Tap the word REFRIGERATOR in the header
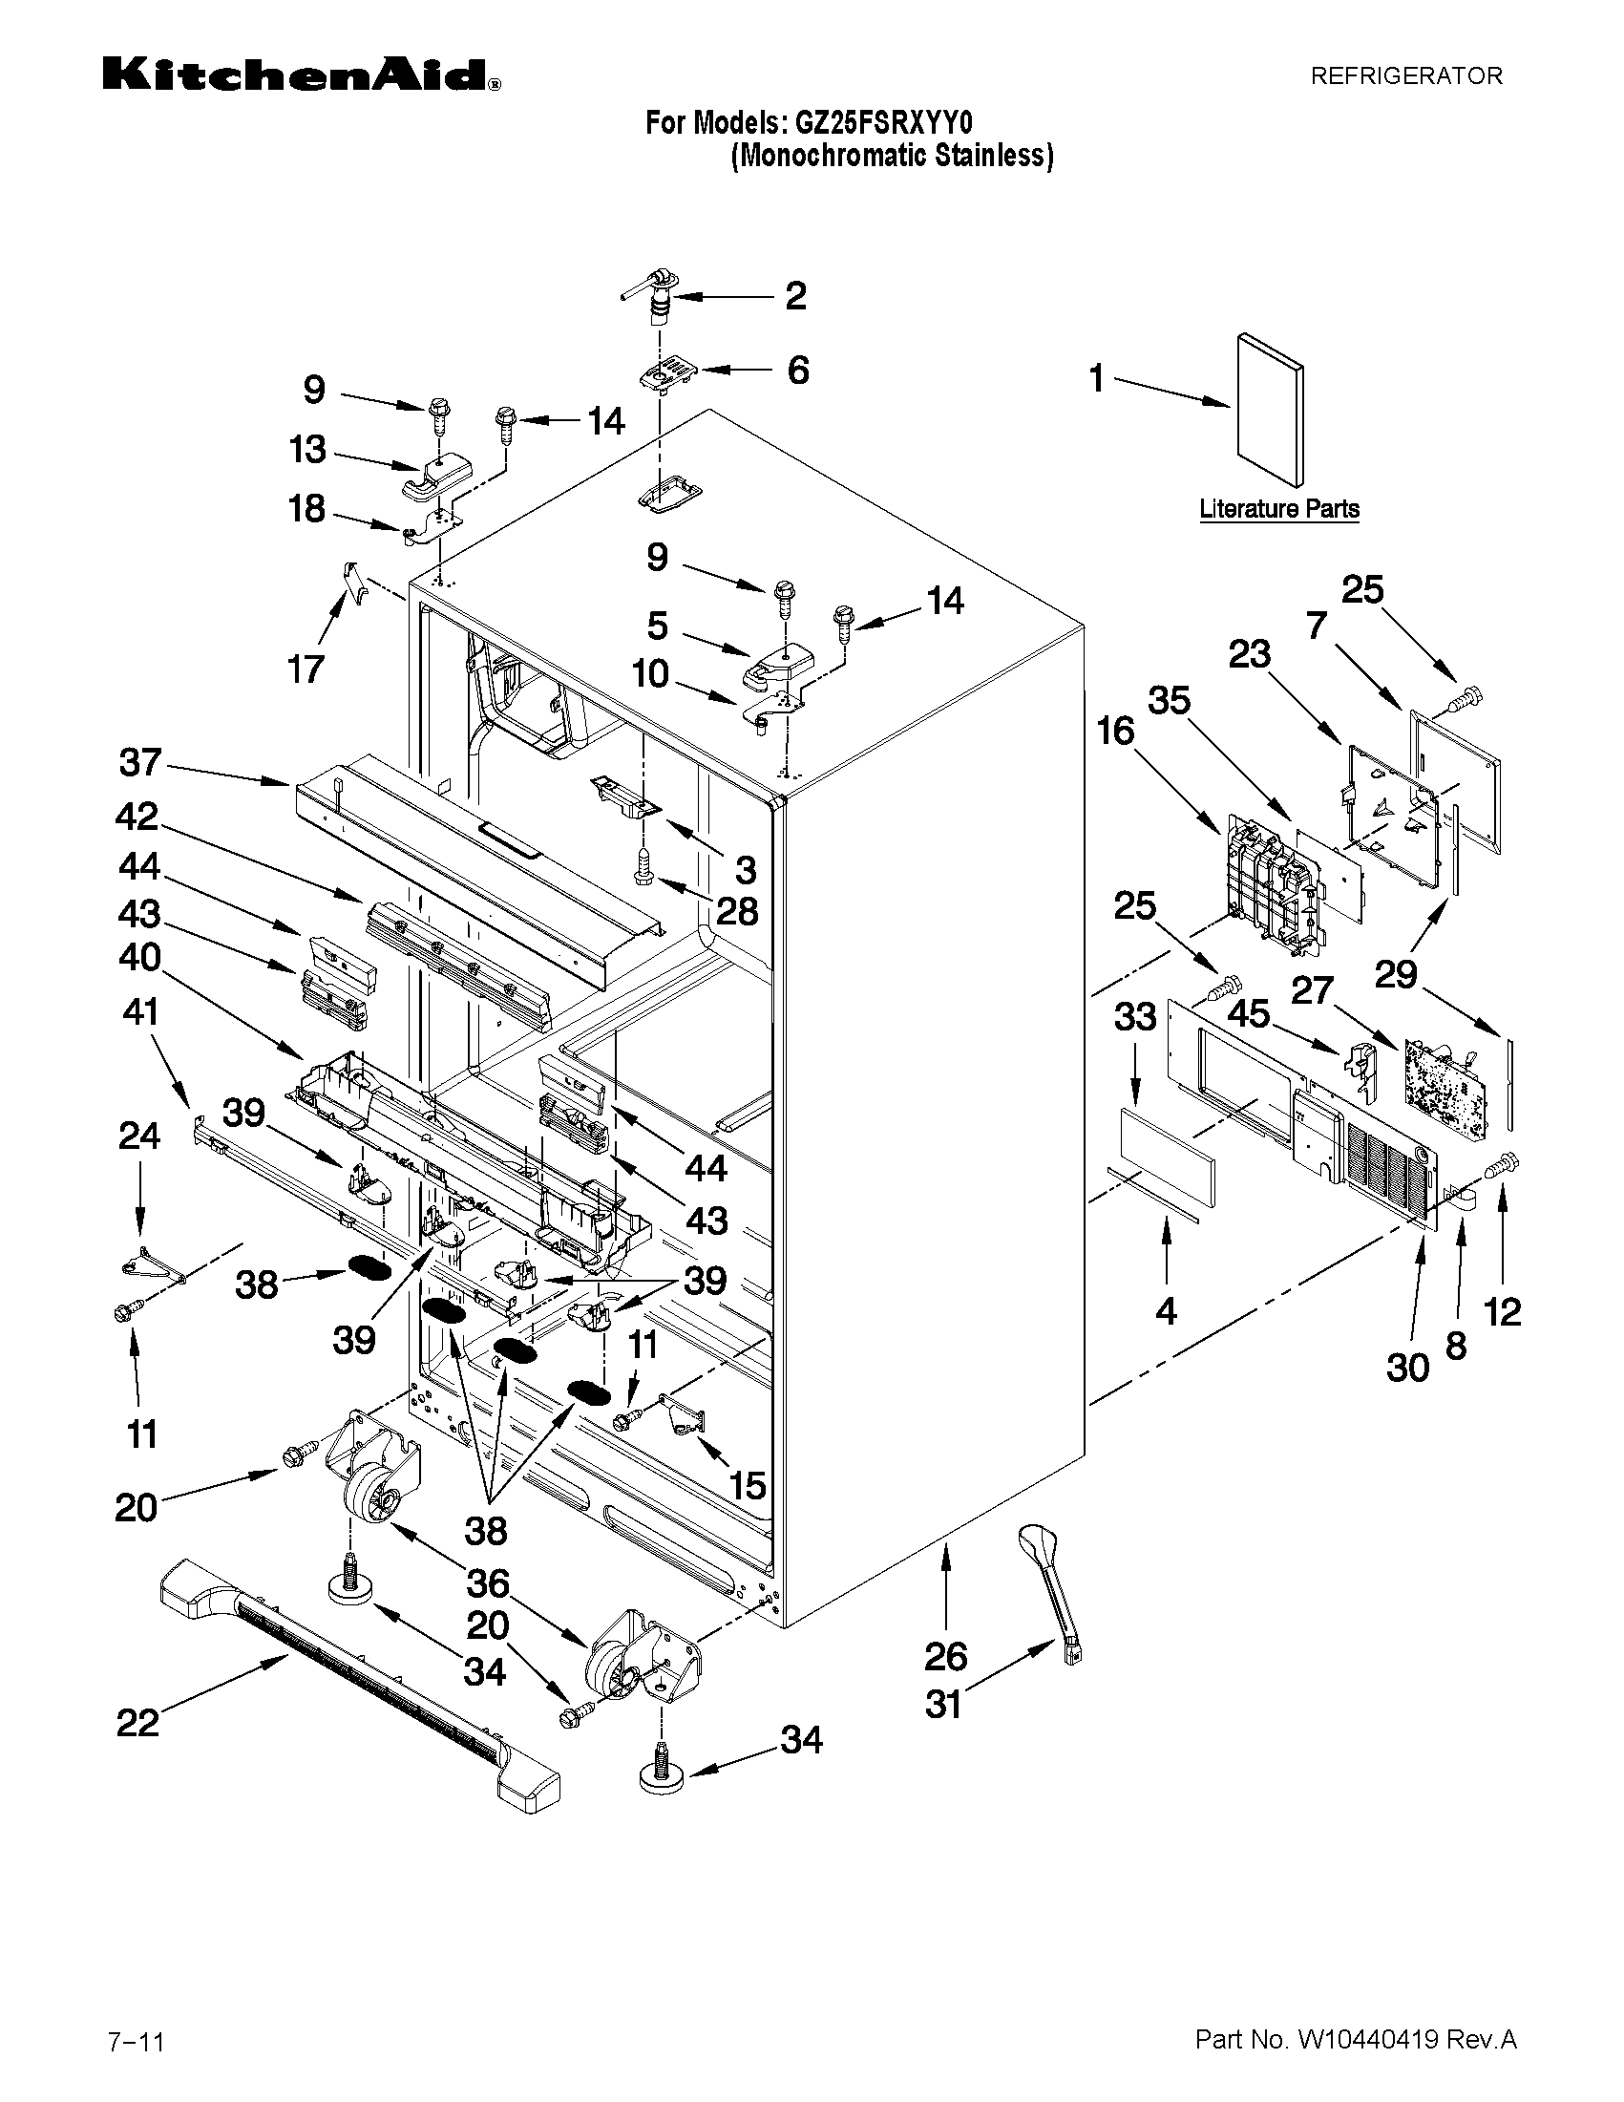pyautogui.click(x=1405, y=76)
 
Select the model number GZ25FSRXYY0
pyautogui.click(x=882, y=123)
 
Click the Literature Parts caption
pyautogui.click(x=1278, y=509)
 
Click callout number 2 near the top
pyautogui.click(x=794, y=296)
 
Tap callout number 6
pyautogui.click(x=797, y=371)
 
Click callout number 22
pyautogui.click(x=137, y=1723)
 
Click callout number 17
pyautogui.click(x=306, y=669)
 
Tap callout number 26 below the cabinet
pyautogui.click(x=946, y=1656)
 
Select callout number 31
pyautogui.click(x=944, y=1705)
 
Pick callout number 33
pyautogui.click(x=1134, y=1016)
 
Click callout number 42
pyautogui.click(x=137, y=817)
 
